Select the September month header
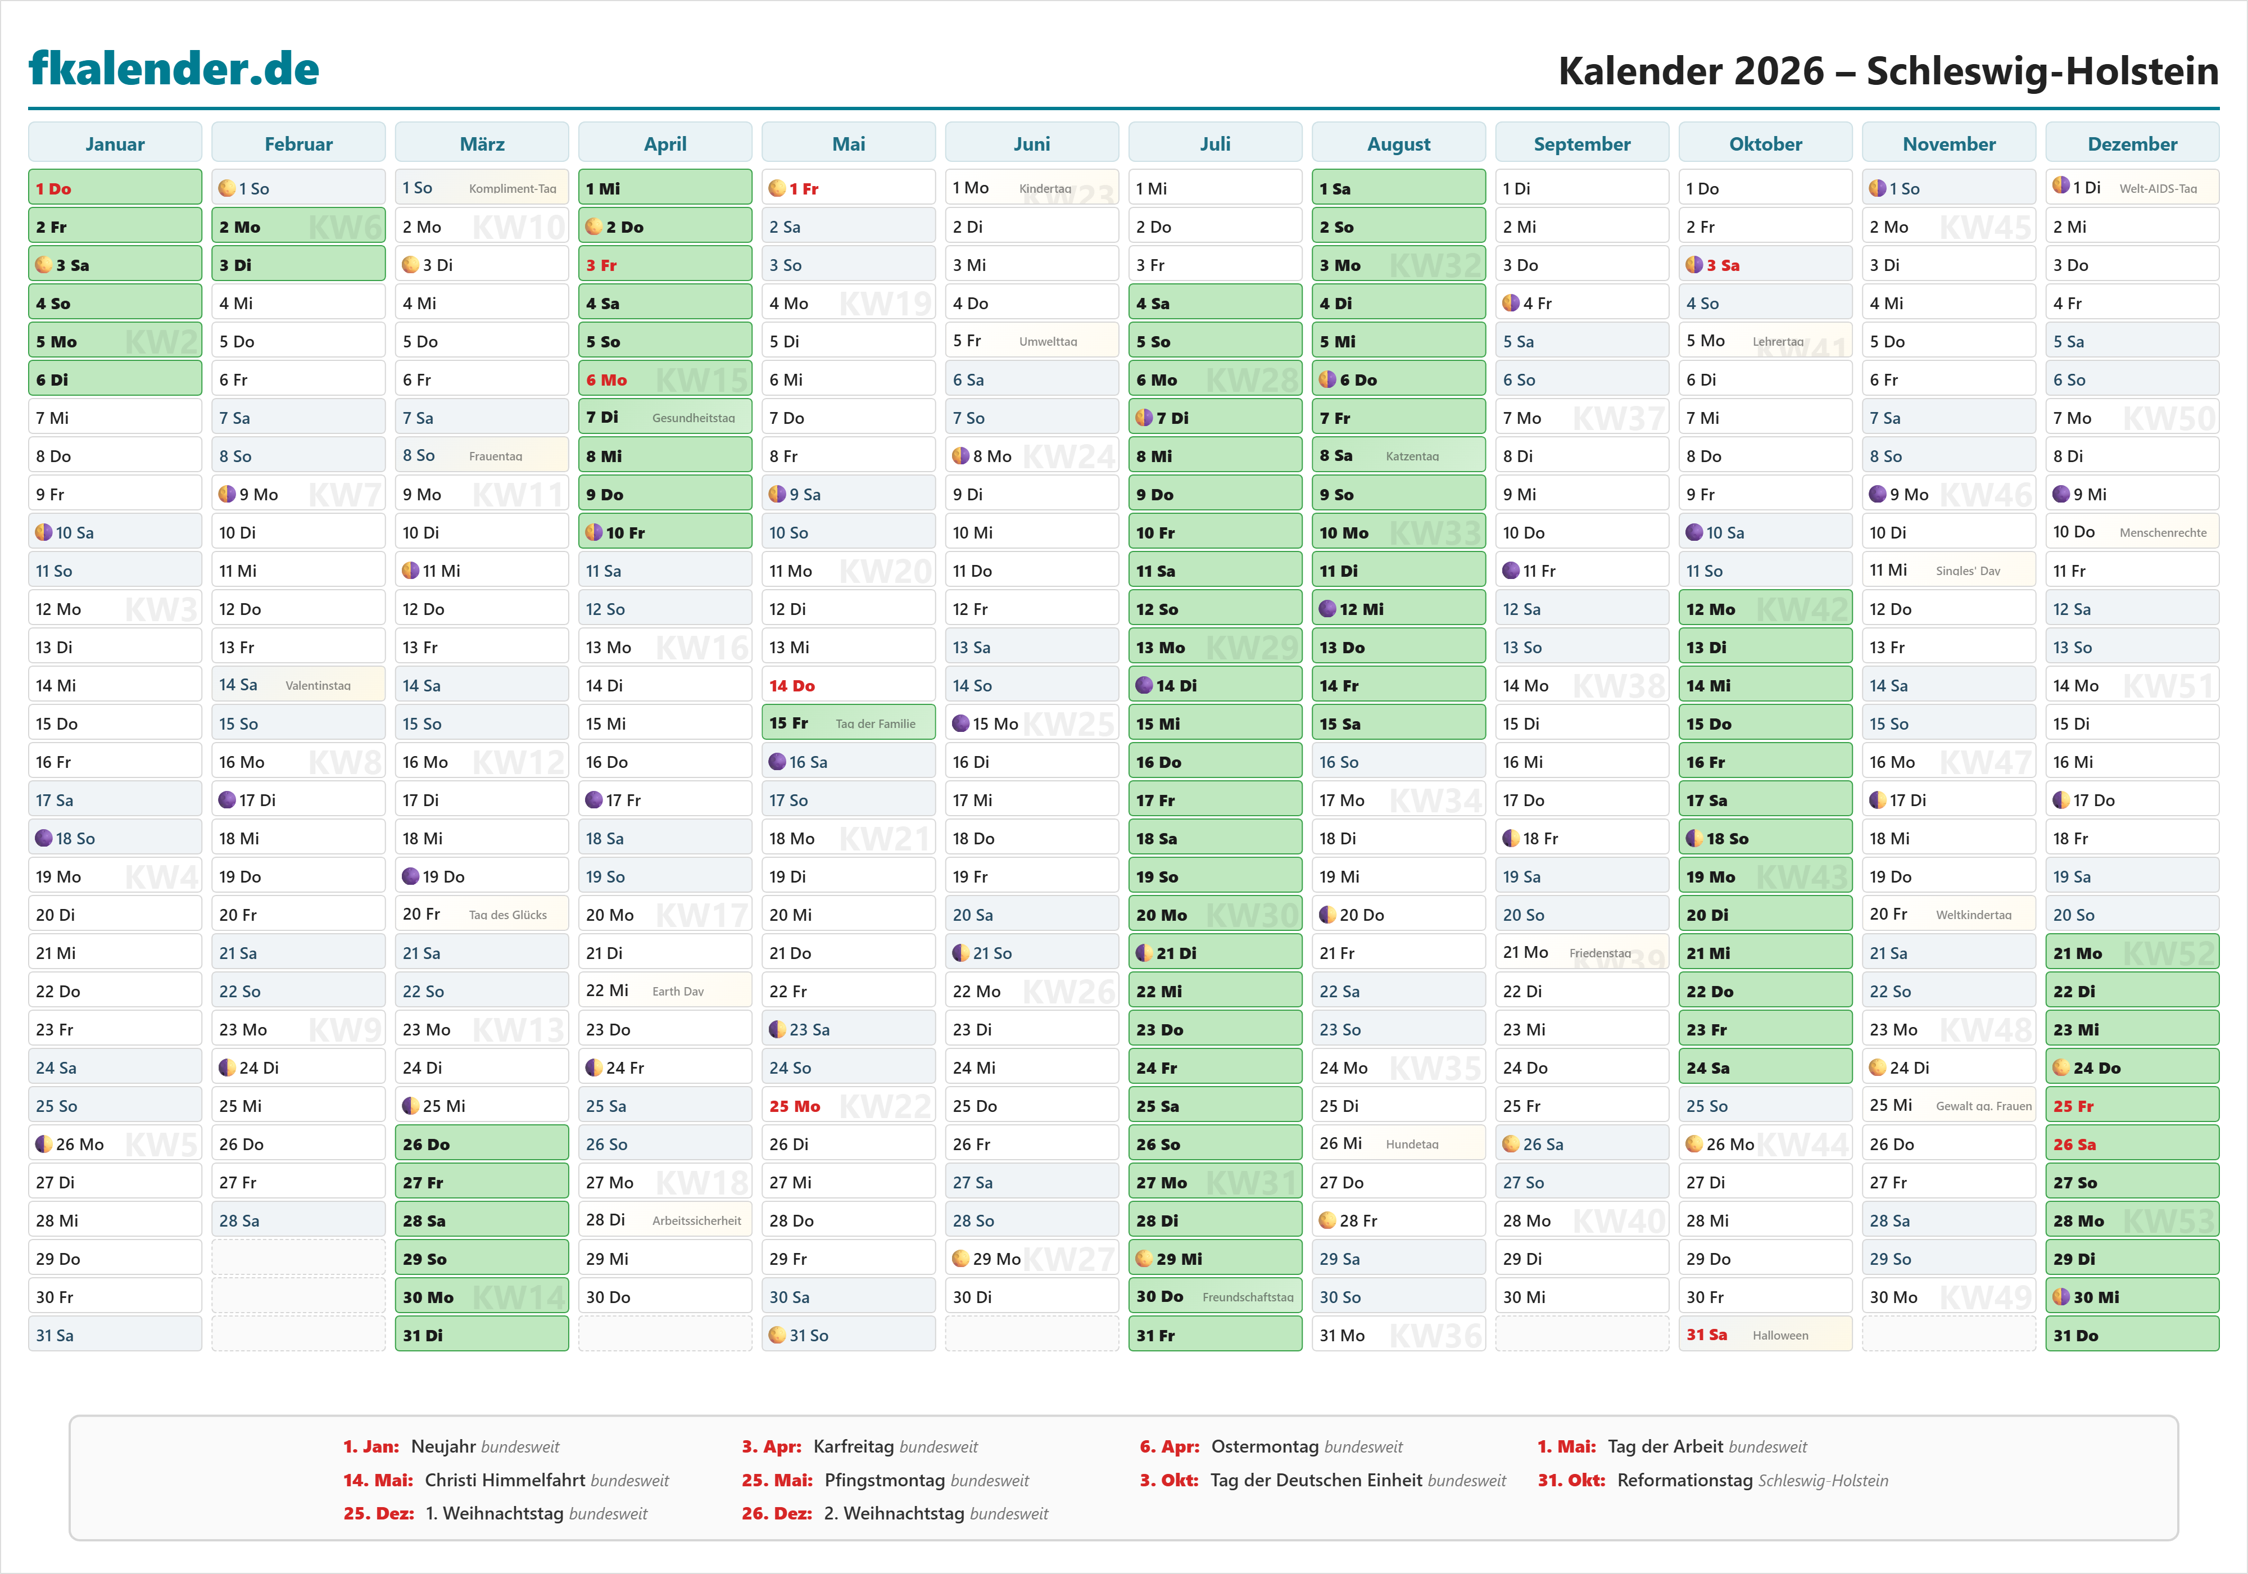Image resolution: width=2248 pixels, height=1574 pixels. point(1581,144)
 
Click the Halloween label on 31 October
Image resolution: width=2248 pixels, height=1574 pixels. point(1780,1335)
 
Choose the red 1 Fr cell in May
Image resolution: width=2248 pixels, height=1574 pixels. point(848,188)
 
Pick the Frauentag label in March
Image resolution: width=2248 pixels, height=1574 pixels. point(496,456)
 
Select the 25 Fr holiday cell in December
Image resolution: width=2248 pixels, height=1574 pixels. point(2132,1106)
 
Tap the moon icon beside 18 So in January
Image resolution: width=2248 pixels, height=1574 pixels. point(43,838)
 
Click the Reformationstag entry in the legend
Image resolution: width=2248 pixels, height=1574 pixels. point(1684,1480)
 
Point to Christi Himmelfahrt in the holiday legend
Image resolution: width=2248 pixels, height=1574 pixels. point(506,1480)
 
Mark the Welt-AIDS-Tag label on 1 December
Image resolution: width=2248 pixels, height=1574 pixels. point(2158,188)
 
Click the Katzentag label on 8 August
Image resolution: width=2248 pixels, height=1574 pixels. point(1412,456)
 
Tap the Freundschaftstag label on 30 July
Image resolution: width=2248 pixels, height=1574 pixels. point(1248,1297)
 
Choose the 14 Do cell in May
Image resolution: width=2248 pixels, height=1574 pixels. point(848,686)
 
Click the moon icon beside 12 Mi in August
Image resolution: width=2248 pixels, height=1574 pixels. point(1327,609)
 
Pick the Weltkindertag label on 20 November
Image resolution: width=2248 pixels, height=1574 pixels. point(1973,915)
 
